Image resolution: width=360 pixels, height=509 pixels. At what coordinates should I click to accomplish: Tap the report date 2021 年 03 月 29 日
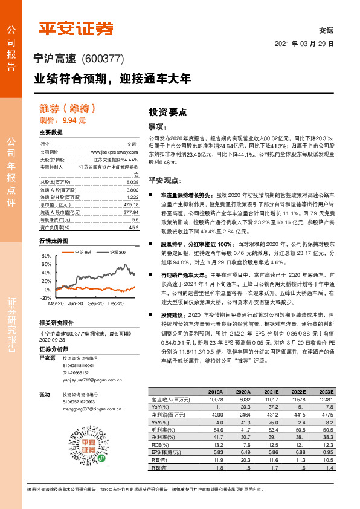pyautogui.click(x=304, y=45)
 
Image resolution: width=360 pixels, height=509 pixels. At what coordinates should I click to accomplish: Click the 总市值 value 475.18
pyautogui.click(x=130, y=204)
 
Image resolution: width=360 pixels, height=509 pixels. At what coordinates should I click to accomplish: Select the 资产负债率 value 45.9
pyautogui.click(x=133, y=228)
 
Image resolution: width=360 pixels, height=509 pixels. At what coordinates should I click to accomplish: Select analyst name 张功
pyautogui.click(x=44, y=394)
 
